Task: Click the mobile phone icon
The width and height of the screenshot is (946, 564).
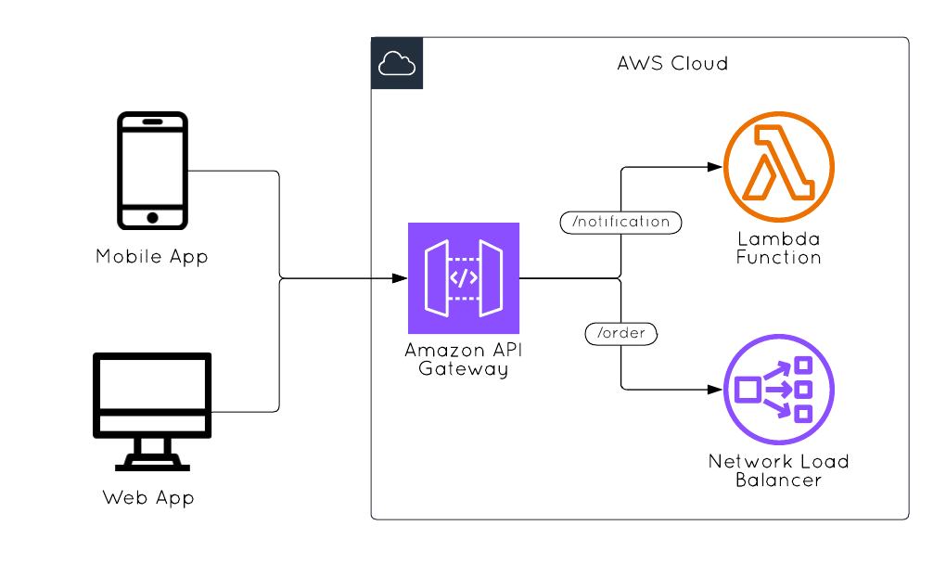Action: click(152, 171)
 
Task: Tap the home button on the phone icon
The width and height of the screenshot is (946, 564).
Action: click(152, 217)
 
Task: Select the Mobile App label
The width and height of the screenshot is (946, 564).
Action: click(152, 257)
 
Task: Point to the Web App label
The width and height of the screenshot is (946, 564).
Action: click(148, 498)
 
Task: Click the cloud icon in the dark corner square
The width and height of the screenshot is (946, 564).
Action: click(397, 63)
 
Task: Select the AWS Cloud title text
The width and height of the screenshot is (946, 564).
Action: click(672, 64)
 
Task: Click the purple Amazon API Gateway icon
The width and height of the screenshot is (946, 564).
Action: click(464, 277)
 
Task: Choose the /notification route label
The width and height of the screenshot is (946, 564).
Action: click(620, 223)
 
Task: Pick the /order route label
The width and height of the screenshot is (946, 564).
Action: click(621, 333)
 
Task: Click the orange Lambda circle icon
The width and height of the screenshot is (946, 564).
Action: click(779, 167)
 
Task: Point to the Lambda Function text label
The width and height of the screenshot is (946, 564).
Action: click(779, 248)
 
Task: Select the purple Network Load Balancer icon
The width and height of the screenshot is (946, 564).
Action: click(779, 390)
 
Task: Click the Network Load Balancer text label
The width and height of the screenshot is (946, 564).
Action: click(779, 470)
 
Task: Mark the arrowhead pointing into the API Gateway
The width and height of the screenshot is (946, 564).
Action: click(400, 278)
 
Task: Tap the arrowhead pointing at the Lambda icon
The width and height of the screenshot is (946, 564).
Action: click(715, 167)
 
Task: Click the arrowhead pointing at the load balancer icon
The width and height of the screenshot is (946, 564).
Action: click(715, 390)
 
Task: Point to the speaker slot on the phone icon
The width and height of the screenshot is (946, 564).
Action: click(152, 122)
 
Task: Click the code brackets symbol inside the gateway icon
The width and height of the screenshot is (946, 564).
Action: click(464, 277)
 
